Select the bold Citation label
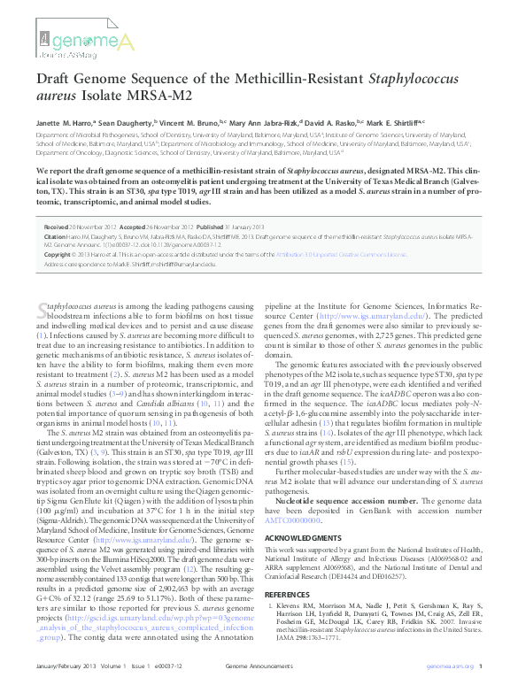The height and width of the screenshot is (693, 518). click(x=55, y=237)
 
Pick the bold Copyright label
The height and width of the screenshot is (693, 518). click(x=58, y=254)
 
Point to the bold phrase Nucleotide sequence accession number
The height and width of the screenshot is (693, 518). click(x=353, y=502)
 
